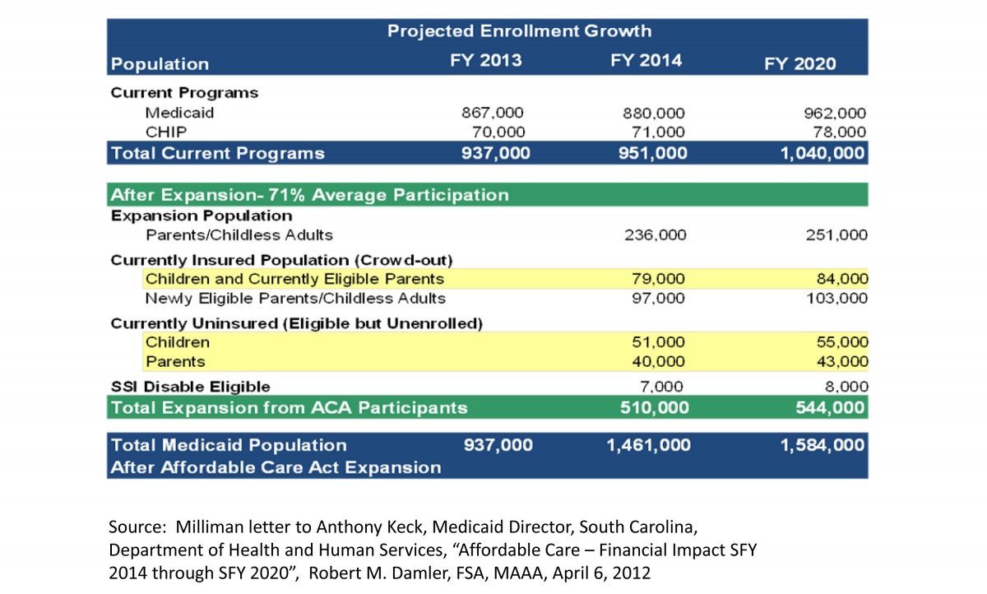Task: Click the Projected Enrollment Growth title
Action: [x=519, y=31]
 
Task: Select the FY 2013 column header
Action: [x=485, y=60]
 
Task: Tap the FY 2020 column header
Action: [x=799, y=64]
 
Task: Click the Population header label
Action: [x=160, y=64]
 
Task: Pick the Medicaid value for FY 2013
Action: [x=493, y=113]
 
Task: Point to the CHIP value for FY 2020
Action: [x=840, y=132]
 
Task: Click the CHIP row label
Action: [x=166, y=132]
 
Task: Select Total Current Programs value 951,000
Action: [x=652, y=153]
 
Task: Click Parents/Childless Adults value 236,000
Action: [x=656, y=234]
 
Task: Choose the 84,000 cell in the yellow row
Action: [x=842, y=279]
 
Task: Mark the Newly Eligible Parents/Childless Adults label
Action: [x=295, y=299]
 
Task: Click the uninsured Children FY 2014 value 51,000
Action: [x=658, y=342]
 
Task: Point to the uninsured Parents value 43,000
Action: [x=842, y=361]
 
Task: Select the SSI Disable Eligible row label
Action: [x=190, y=387]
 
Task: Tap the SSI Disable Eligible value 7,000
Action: [x=661, y=387]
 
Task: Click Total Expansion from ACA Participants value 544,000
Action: [x=830, y=407]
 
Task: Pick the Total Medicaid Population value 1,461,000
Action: [x=649, y=445]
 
